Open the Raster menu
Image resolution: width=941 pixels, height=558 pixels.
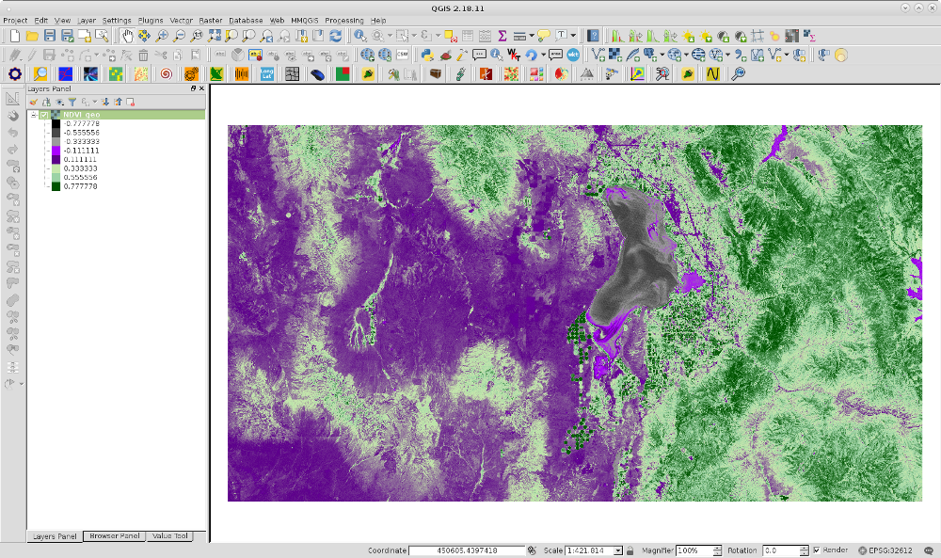210,20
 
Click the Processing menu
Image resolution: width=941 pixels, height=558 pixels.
343,20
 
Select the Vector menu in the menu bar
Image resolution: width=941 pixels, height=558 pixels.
181,20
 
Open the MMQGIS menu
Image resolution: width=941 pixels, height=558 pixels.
304,20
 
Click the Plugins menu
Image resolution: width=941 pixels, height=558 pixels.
151,20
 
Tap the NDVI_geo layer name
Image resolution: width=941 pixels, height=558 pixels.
81,115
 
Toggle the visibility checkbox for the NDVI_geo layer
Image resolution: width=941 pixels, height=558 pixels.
44,115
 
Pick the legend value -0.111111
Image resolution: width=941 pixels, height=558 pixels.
81,151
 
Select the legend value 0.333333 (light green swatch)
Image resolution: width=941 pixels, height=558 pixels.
81,168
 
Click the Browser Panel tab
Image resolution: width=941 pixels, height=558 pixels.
113,536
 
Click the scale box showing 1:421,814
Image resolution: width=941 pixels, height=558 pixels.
588,550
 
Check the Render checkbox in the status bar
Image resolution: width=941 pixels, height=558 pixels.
816,550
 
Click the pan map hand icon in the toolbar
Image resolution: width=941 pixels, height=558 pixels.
127,36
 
